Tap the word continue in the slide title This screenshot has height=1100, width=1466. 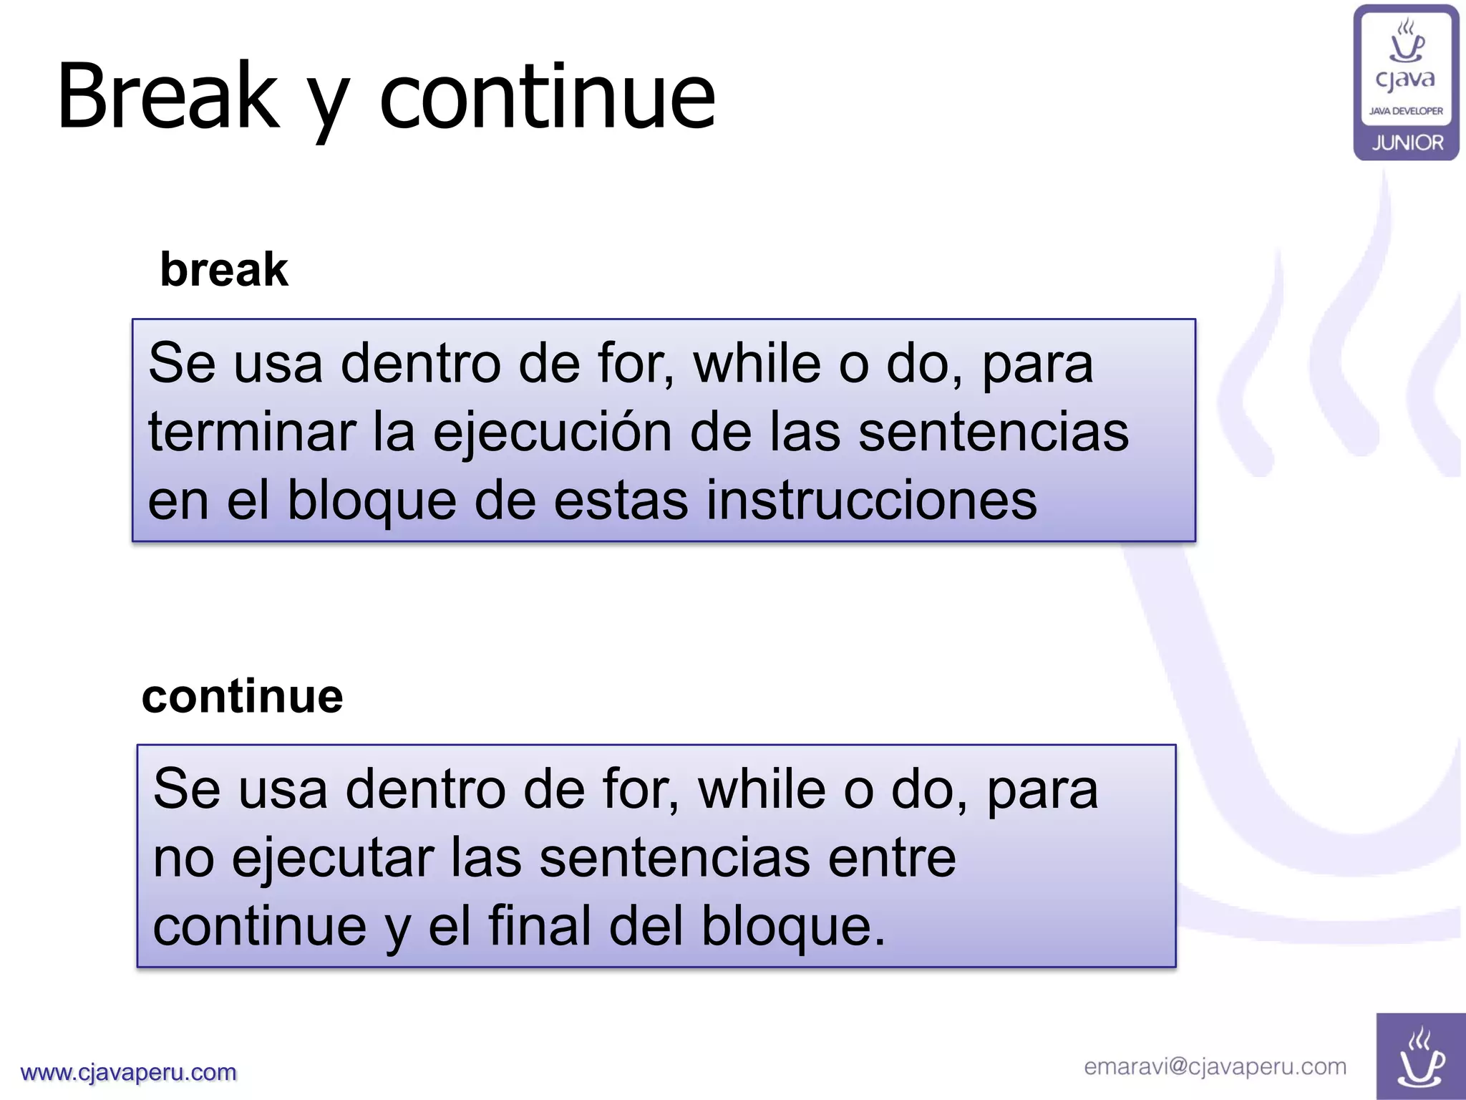coord(548,96)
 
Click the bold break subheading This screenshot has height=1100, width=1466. coord(224,270)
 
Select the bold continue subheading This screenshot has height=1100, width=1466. coord(243,696)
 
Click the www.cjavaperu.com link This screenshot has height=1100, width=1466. coord(129,1072)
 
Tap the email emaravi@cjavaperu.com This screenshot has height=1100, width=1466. coord(1215,1066)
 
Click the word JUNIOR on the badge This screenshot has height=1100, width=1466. coord(1407,143)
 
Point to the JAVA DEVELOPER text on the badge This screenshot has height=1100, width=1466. coord(1406,111)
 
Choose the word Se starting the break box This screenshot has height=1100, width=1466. coord(182,364)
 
